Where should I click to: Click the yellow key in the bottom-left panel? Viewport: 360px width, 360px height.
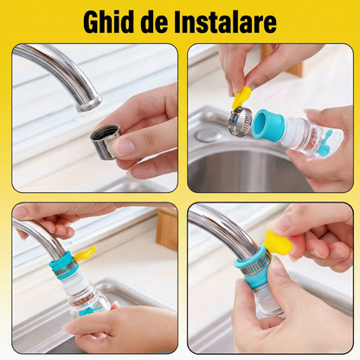(x=84, y=254)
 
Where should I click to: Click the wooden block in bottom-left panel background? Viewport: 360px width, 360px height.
(x=166, y=228)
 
